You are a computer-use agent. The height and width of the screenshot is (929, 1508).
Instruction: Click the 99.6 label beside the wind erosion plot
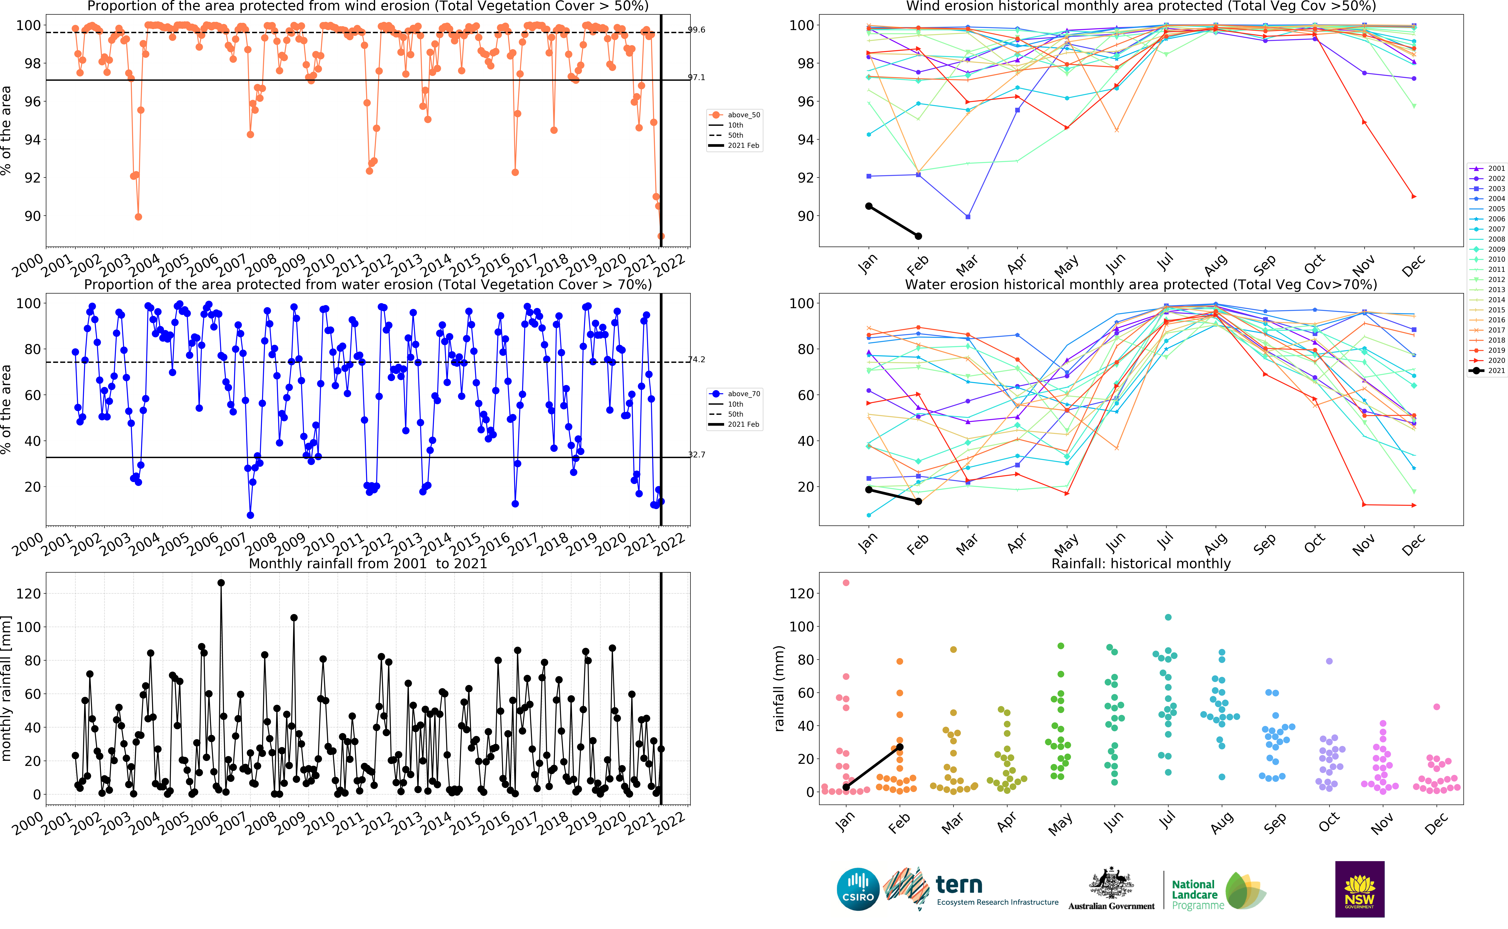[696, 29]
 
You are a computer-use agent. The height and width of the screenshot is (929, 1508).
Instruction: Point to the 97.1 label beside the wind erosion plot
[696, 77]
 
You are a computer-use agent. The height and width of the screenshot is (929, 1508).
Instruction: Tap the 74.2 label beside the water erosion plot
[696, 359]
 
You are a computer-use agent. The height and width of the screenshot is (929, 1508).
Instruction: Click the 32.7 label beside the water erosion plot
[696, 455]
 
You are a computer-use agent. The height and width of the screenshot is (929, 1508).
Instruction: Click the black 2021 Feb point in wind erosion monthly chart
[918, 236]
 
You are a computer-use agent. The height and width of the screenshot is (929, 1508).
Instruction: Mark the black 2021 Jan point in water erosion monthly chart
[868, 490]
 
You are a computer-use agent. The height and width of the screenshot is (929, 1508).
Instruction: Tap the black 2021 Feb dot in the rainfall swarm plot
[900, 747]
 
